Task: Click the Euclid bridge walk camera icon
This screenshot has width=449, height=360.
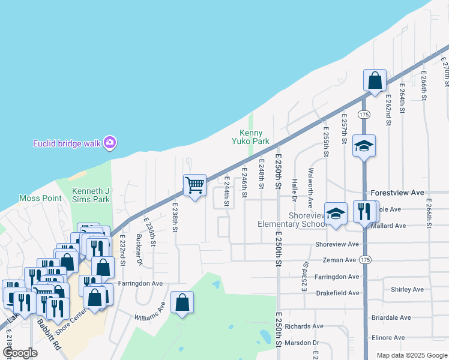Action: [109, 143]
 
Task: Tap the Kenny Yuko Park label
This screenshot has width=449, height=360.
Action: [255, 137]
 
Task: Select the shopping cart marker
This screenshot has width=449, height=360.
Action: [194, 185]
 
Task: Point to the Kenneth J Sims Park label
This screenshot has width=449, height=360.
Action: [91, 195]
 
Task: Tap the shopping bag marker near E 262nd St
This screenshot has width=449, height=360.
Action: [375, 80]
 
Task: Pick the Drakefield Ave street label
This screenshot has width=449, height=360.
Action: [337, 293]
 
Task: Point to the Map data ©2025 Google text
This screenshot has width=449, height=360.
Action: [411, 355]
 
